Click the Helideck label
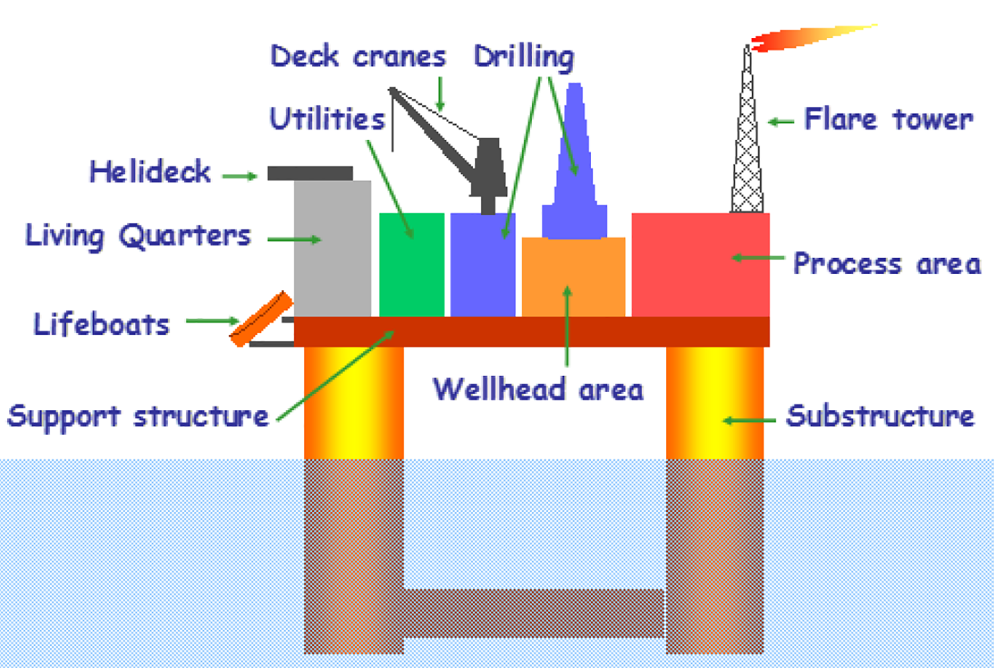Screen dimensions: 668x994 pyautogui.click(x=150, y=172)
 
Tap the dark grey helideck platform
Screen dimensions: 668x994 pyautogui.click(x=310, y=173)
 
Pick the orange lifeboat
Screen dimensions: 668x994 pyautogui.click(x=261, y=319)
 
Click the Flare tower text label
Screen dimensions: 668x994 pyautogui.click(x=888, y=120)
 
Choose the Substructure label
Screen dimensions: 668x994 pyautogui.click(x=880, y=417)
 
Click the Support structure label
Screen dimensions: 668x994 pyautogui.click(x=138, y=417)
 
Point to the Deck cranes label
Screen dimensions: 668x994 pyautogui.click(x=358, y=56)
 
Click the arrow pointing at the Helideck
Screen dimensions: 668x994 pyautogui.click(x=239, y=176)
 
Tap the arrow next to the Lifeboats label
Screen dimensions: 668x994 pyautogui.click(x=212, y=321)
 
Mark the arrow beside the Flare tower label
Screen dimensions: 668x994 pyautogui.click(x=781, y=122)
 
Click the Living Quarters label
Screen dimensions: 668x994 pyautogui.click(x=138, y=236)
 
